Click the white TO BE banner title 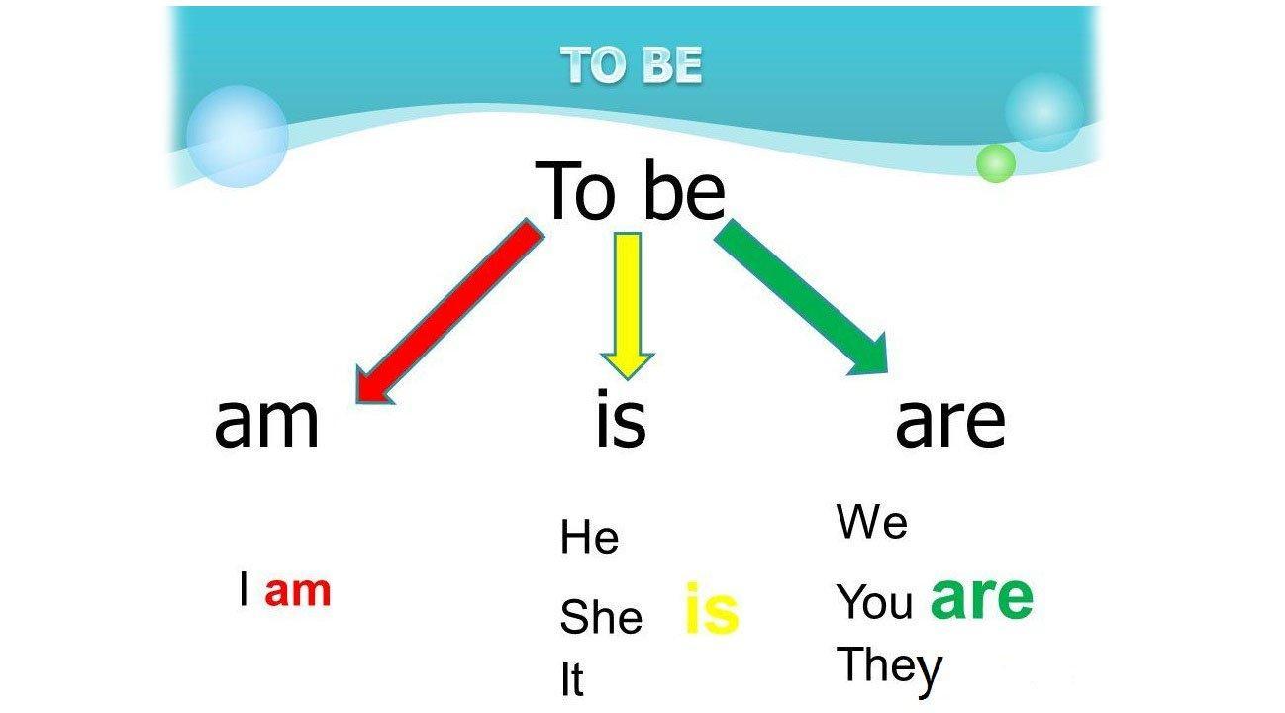click(x=631, y=64)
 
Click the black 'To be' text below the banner click(x=630, y=190)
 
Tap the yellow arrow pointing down click(x=627, y=306)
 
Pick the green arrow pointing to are click(x=802, y=297)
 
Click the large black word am click(x=266, y=422)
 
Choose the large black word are click(x=950, y=423)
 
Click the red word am click(x=298, y=591)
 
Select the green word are click(x=981, y=598)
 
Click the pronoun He click(x=590, y=537)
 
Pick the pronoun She click(x=601, y=616)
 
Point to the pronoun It click(x=572, y=679)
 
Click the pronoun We click(x=872, y=522)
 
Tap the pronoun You click(x=874, y=601)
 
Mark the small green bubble click(x=996, y=163)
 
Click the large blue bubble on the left click(x=237, y=137)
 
